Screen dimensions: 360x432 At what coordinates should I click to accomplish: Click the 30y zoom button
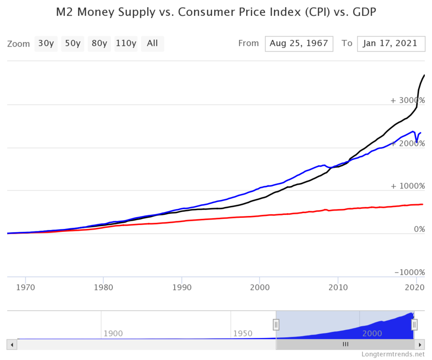coord(46,43)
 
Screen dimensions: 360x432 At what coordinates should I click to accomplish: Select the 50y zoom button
coord(72,43)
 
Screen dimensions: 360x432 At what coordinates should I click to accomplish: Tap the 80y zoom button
coord(99,43)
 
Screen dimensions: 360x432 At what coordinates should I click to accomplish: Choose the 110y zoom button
coord(126,43)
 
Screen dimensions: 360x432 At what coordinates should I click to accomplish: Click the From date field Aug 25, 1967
coord(299,43)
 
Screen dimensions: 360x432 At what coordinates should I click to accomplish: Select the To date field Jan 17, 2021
coord(391,43)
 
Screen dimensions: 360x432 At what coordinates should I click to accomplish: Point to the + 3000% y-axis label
coord(408,100)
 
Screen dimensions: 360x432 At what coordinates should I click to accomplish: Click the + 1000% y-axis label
coord(408,186)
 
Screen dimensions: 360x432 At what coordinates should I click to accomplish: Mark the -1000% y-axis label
coord(409,272)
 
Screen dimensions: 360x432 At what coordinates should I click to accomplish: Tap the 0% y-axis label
coord(419,229)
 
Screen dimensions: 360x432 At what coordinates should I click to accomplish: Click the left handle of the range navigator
coord(276,325)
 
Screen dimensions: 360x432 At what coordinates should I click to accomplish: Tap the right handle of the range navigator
coord(414,325)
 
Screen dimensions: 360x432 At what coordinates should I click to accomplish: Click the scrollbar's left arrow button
coord(12,344)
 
